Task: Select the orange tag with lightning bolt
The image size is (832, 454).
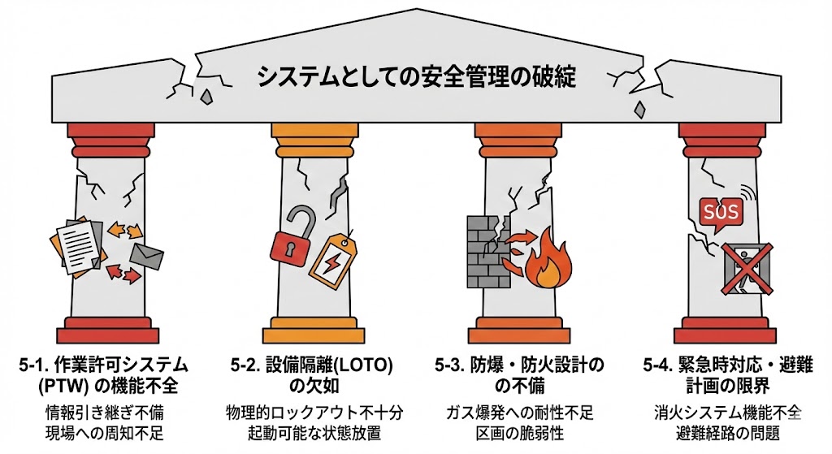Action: pos(334,259)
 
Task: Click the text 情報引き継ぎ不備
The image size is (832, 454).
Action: pos(102,412)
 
